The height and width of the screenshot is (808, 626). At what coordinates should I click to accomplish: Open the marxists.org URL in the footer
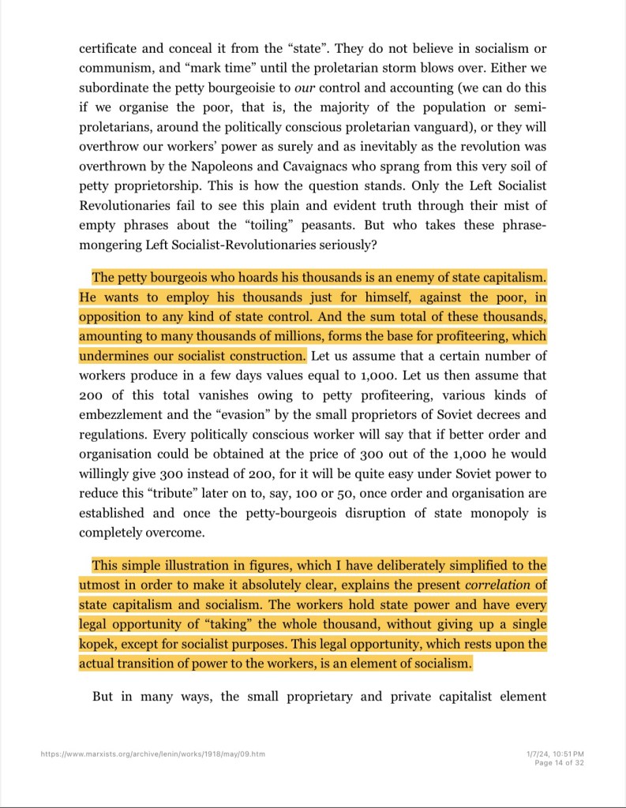[152, 754]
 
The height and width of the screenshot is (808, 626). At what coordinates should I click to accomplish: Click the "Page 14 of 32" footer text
[559, 763]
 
